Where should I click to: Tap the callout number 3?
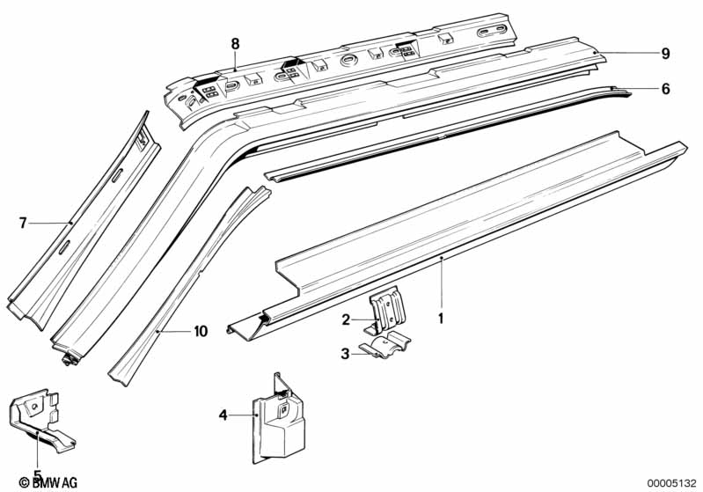point(347,354)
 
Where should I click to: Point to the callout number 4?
point(223,414)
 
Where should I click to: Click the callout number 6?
point(666,89)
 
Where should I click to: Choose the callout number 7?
point(24,224)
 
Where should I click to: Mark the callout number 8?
point(235,43)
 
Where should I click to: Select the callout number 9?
point(666,54)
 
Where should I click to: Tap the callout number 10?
point(201,332)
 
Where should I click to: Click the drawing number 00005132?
point(671,482)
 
